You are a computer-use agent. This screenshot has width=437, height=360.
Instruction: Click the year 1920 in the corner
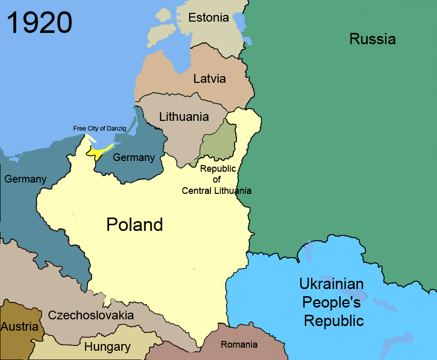(39, 23)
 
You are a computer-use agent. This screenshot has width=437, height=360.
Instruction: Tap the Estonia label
(208, 17)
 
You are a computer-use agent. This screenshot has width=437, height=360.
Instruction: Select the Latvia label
(209, 79)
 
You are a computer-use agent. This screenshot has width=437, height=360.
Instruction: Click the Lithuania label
(184, 116)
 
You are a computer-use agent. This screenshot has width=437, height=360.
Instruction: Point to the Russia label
(372, 39)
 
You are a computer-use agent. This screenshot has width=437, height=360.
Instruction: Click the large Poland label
(134, 225)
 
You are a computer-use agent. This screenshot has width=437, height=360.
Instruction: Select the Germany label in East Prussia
(133, 157)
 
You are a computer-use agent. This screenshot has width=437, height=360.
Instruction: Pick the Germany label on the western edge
(25, 179)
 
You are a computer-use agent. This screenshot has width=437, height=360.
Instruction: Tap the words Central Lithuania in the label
(216, 191)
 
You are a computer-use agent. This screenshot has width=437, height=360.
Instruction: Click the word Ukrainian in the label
(332, 284)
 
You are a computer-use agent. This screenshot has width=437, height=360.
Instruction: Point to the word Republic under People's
(334, 321)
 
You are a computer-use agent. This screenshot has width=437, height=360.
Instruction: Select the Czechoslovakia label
(90, 315)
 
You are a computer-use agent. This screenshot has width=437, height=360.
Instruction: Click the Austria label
(20, 327)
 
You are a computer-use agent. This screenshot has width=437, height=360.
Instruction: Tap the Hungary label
(107, 347)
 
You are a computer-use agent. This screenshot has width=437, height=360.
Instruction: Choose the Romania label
(239, 345)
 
